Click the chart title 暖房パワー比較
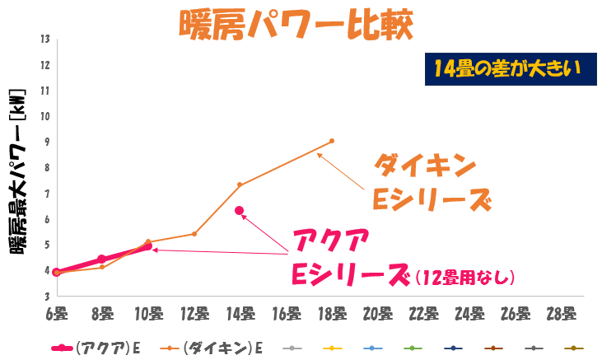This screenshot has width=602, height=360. coord(294,24)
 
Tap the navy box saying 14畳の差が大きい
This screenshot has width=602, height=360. coord(505,68)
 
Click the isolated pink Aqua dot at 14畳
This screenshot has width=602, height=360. coord(240,211)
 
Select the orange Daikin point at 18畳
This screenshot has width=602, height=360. coord(332,141)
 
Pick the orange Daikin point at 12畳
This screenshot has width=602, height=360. coord(194,234)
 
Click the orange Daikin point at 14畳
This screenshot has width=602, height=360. coord(240,185)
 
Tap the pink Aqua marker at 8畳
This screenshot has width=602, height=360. coord(101,259)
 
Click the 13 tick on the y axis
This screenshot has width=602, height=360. coord(45,39)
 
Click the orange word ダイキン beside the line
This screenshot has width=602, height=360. coord(426,166)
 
